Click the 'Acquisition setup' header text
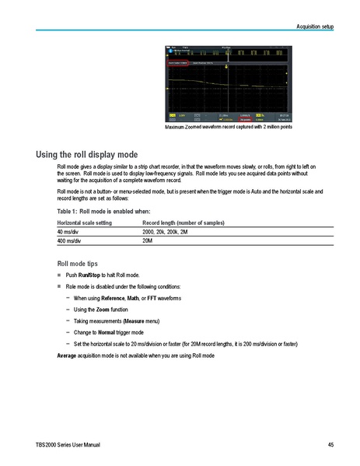pos(315,26)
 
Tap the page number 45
pos(330,444)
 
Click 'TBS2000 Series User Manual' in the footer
pos(67,444)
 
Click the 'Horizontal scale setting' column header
pos(84,222)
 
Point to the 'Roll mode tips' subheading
pos(78,263)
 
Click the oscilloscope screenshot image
pos(227,83)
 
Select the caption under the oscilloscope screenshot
pos(227,127)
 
